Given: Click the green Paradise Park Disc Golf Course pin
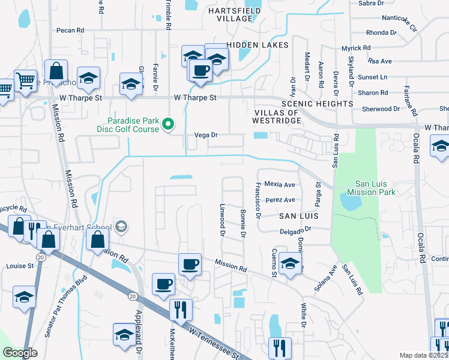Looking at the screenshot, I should point(169,124).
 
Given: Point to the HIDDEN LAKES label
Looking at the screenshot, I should point(258,45).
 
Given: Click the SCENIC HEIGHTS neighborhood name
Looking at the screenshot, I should point(325,104).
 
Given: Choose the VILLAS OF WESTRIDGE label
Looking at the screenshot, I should point(277,117).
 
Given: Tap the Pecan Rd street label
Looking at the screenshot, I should point(70,30).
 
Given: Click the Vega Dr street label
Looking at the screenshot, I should point(205,135).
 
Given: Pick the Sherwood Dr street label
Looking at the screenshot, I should point(381,109).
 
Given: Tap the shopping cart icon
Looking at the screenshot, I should point(25,80).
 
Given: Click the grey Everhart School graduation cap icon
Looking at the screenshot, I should point(121,226).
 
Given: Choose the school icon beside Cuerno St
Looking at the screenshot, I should point(290,264).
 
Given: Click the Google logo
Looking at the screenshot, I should point(20,353).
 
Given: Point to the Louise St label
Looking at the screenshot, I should point(20,265).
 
